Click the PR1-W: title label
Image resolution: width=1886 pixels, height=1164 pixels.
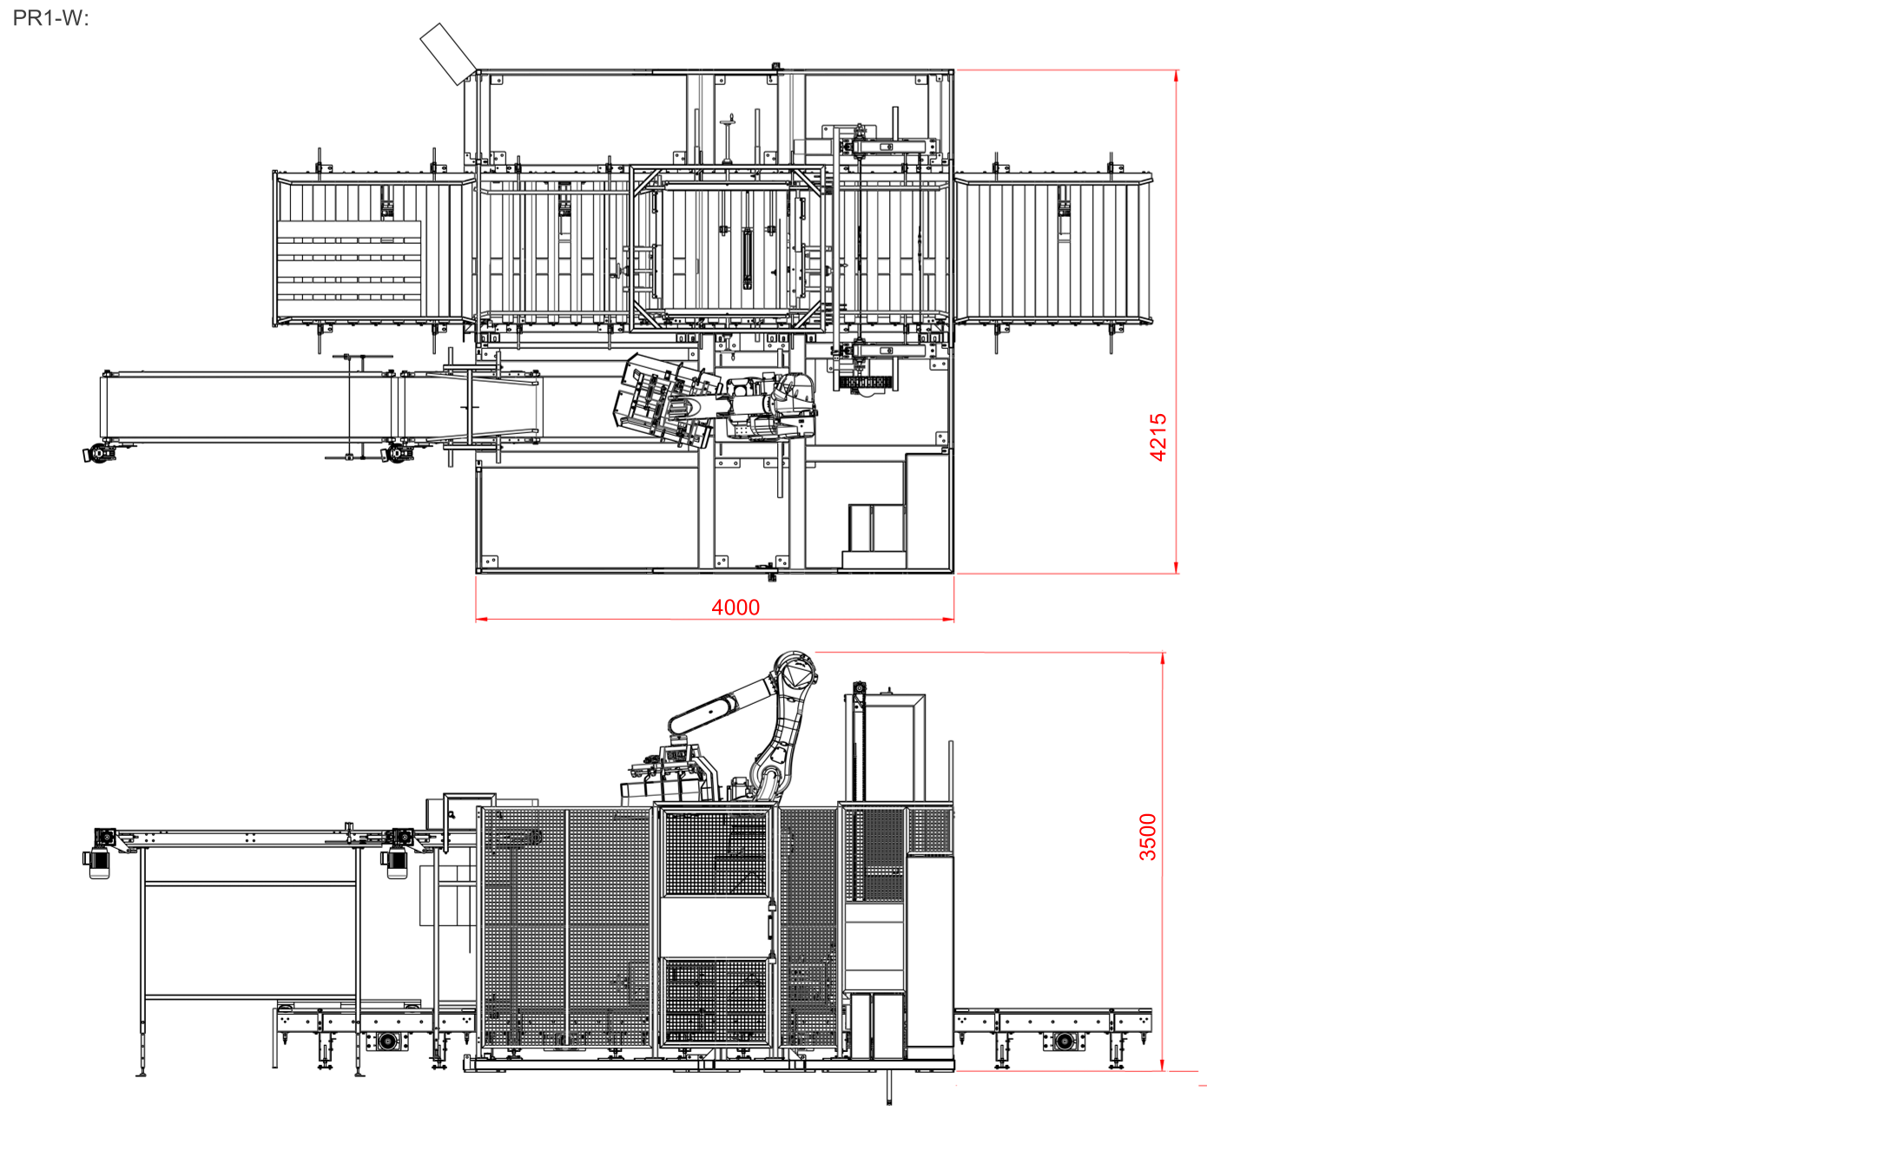50,18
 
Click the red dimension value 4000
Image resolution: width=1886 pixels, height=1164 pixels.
735,608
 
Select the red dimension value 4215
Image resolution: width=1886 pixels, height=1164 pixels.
1158,437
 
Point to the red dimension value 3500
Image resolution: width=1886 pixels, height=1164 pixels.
1148,837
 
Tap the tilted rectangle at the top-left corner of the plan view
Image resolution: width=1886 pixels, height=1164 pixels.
448,54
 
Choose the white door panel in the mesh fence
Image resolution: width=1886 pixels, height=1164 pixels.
715,926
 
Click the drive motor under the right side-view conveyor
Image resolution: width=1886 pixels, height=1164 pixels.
1065,1041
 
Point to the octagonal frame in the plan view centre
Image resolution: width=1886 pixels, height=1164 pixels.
728,249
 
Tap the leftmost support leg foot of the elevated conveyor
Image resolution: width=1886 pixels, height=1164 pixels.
142,1073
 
